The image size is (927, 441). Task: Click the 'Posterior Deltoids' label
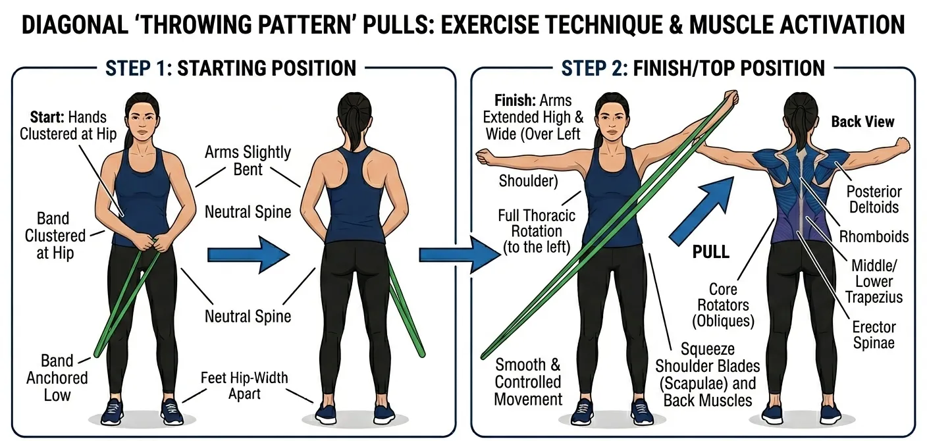[x=874, y=200]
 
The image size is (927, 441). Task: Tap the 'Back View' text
[x=862, y=122]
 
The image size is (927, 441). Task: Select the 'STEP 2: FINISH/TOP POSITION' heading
[x=693, y=68]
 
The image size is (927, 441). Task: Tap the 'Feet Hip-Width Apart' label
[x=244, y=386]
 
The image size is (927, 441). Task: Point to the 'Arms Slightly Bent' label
[x=248, y=161]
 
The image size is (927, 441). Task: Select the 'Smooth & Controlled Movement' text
[x=529, y=382]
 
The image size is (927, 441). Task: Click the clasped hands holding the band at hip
[x=153, y=243]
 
